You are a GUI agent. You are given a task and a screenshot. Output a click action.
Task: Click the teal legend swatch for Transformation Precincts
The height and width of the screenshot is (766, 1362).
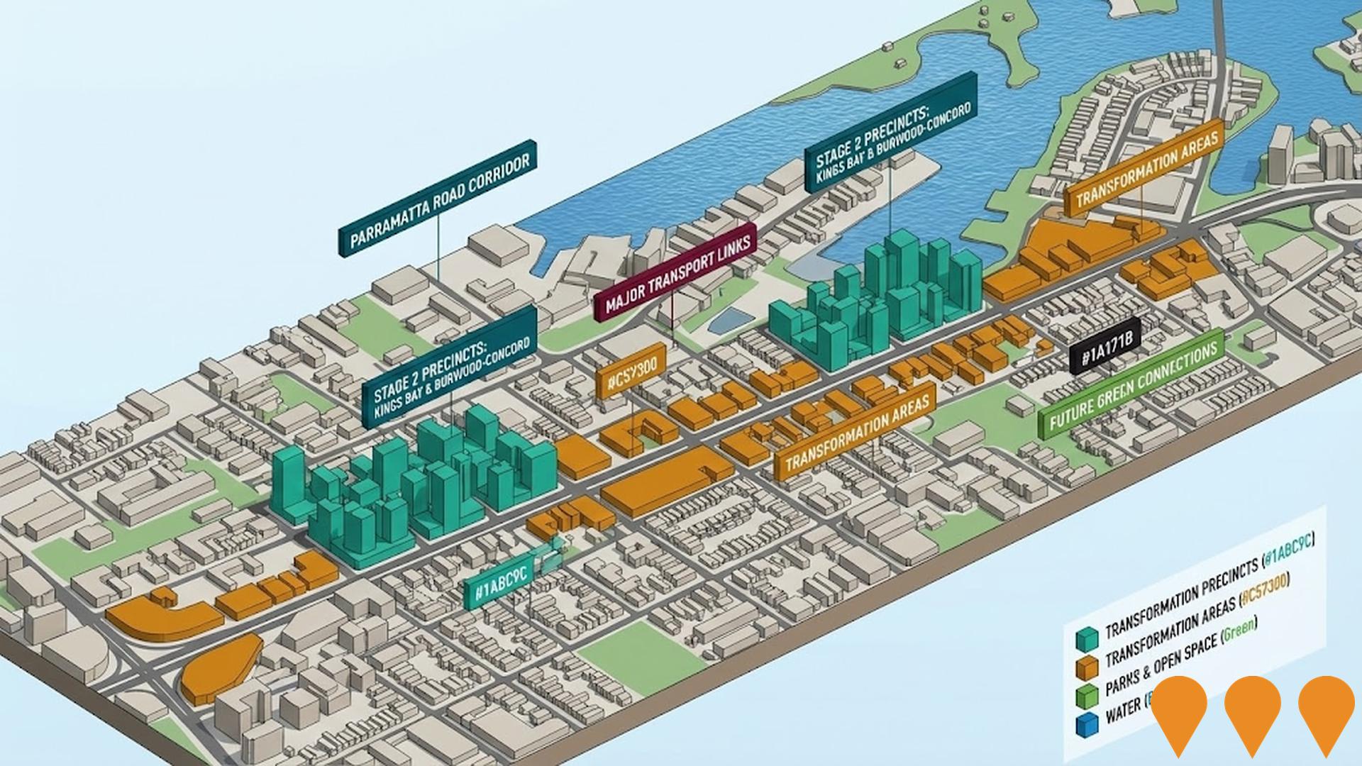pos(1086,639)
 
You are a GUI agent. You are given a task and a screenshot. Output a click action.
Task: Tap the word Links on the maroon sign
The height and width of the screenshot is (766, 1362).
pos(732,244)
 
